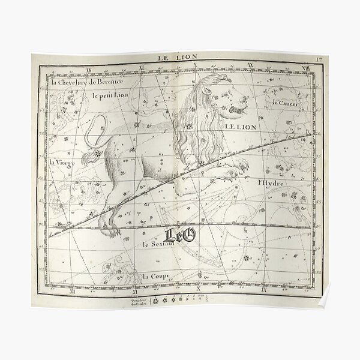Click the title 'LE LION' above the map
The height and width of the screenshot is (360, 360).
[x=173, y=58]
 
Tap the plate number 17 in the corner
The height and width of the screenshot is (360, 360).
[x=322, y=58]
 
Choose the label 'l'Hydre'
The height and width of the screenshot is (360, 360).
[x=269, y=181]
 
